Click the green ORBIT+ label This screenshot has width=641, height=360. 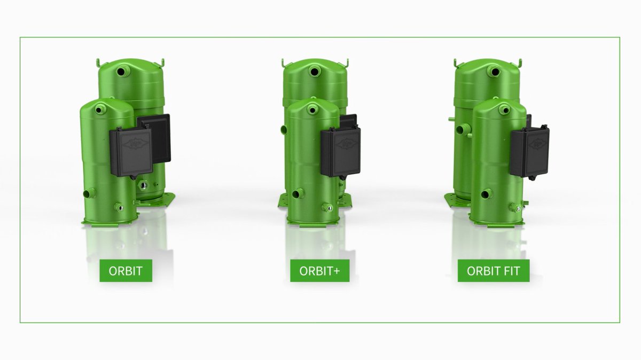coord(319,271)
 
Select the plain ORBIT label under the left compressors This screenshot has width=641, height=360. coord(126,271)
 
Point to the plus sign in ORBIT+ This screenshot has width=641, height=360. coord(337,271)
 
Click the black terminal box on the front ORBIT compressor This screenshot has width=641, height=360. coord(131,151)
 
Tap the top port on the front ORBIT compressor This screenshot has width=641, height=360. coord(99,109)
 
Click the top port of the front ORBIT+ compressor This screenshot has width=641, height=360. coord(314,109)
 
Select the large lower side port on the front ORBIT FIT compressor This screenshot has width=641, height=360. coord(486,194)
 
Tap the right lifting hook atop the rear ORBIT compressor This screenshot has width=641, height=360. coord(162,63)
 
